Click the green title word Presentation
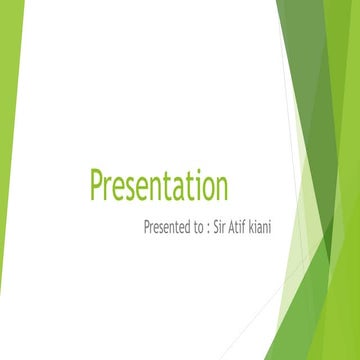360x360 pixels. (x=159, y=187)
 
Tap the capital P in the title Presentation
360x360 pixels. (x=98, y=186)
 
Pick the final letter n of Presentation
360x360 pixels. (x=220, y=190)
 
